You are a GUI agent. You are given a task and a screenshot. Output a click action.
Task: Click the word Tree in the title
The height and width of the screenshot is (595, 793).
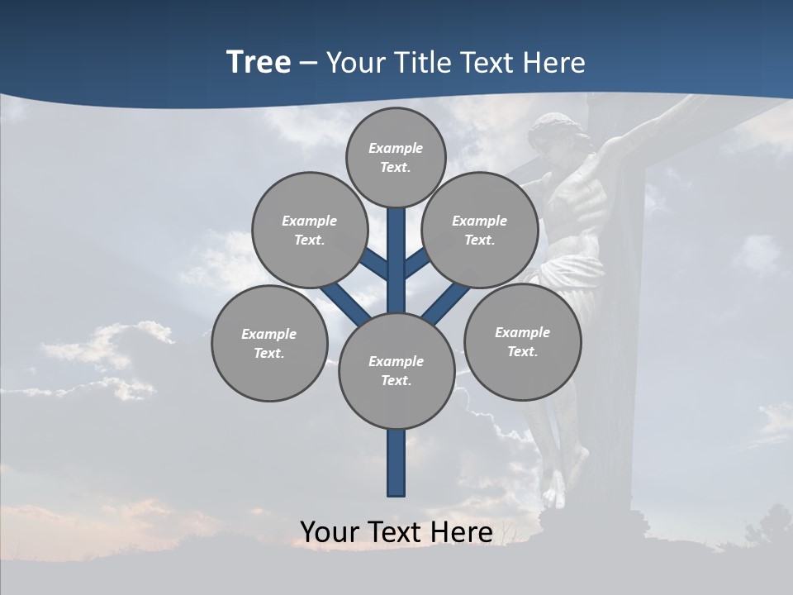pyautogui.click(x=259, y=63)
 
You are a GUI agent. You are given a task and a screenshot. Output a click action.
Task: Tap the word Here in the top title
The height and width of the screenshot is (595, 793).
pyautogui.click(x=553, y=63)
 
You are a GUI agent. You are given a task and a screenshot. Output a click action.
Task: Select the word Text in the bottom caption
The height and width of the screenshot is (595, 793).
pyautogui.click(x=396, y=532)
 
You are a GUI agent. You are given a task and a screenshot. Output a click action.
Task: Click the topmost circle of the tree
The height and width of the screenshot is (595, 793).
pyautogui.click(x=396, y=157)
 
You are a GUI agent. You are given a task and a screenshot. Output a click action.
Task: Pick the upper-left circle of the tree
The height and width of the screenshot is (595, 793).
pyautogui.click(x=310, y=230)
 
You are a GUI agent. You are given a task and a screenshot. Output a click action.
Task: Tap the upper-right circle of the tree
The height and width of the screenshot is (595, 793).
pyautogui.click(x=480, y=230)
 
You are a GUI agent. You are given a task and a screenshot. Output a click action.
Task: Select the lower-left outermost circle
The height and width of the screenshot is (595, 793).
pyautogui.click(x=269, y=343)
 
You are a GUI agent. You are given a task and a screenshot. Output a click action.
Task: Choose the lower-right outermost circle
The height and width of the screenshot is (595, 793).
pyautogui.click(x=522, y=341)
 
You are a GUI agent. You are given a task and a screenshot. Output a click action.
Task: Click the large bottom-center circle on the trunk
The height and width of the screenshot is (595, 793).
pyautogui.click(x=396, y=370)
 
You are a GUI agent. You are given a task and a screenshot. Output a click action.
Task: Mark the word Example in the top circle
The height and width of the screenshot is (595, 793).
pyautogui.click(x=396, y=148)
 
